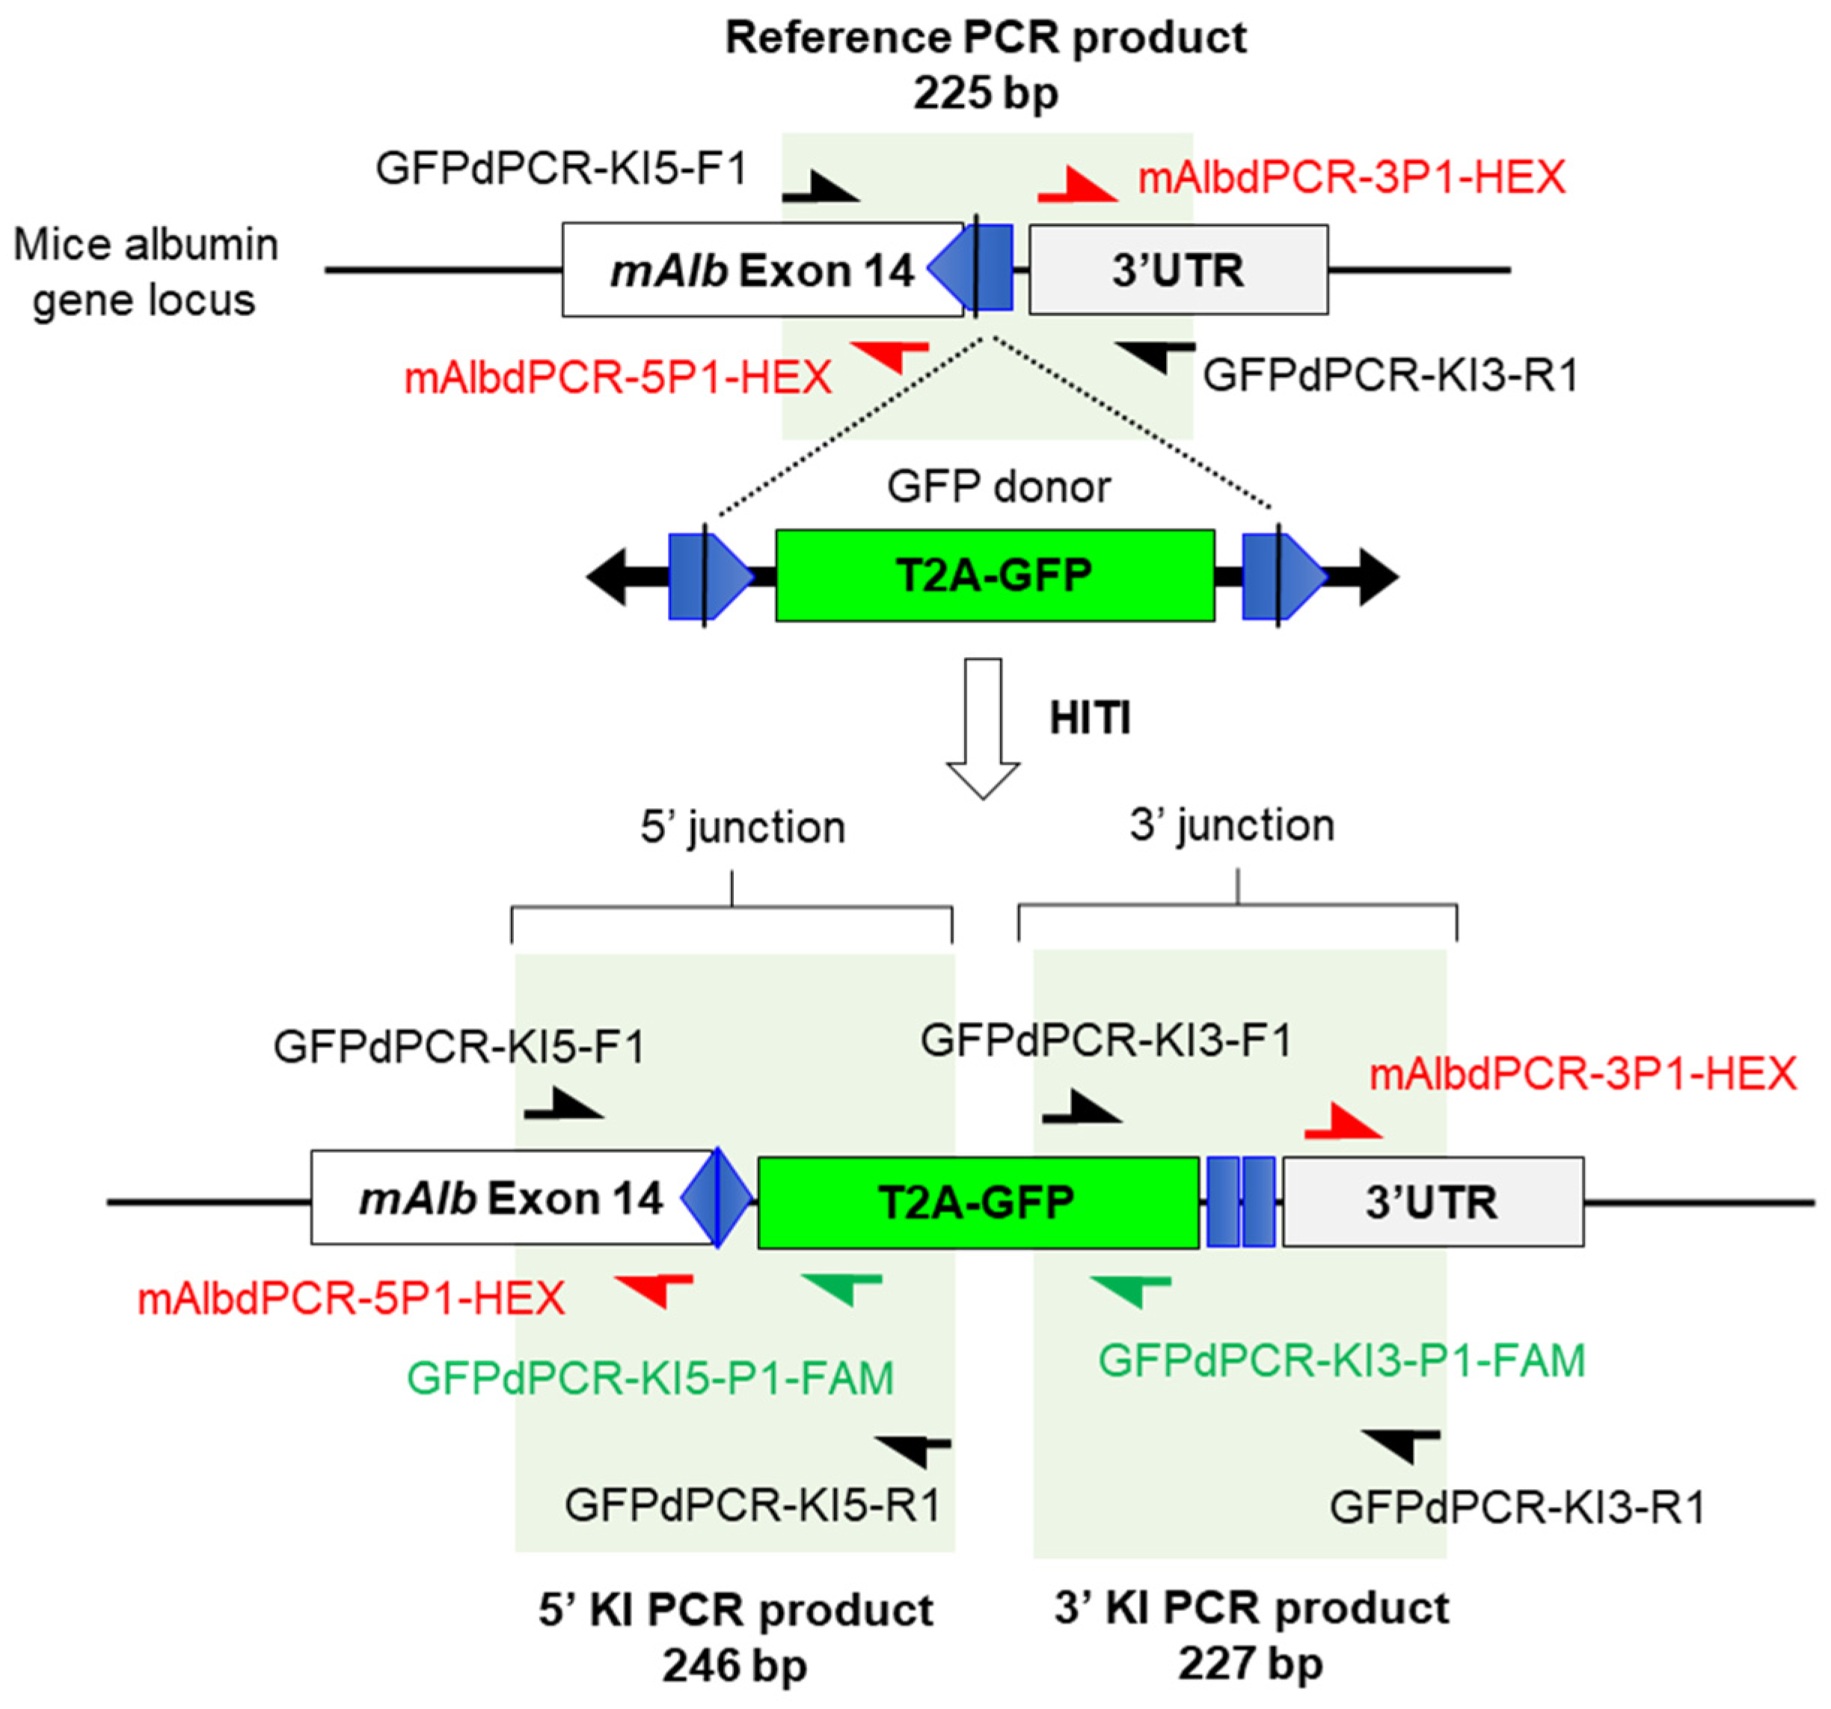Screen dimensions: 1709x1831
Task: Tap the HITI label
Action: coord(1090,718)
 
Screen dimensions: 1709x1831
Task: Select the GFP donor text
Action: coord(999,486)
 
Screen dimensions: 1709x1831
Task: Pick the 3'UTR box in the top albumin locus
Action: coord(1178,270)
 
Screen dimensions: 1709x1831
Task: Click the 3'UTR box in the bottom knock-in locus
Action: coord(1432,1202)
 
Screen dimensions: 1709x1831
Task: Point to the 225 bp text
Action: coord(986,93)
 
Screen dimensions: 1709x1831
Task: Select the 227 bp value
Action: coord(1250,1663)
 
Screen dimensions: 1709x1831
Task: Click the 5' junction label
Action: coord(742,826)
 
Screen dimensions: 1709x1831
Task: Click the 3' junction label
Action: coord(1231,825)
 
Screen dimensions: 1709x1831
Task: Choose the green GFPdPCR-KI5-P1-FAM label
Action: coord(650,1378)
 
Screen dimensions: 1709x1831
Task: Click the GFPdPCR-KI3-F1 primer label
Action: coord(1105,1040)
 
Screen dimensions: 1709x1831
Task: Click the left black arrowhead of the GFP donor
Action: coord(608,577)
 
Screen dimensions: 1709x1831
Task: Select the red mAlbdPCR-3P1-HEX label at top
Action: coord(1351,177)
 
